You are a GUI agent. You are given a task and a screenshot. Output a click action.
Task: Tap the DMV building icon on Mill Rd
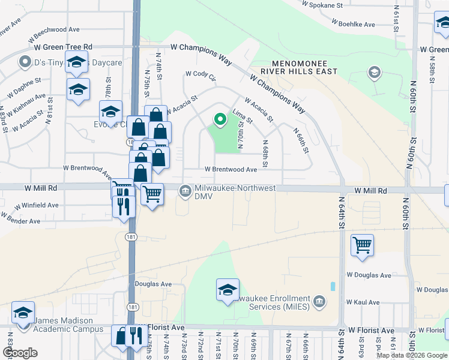[184, 191]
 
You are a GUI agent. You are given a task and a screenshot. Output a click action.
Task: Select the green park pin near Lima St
[220, 120]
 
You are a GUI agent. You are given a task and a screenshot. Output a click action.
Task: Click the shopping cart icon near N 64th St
[362, 245]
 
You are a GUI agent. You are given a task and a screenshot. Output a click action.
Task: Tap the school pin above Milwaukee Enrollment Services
[228, 290]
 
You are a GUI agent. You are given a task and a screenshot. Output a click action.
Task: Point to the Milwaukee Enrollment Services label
[273, 302]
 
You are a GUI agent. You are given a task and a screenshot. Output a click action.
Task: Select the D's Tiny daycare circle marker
[25, 62]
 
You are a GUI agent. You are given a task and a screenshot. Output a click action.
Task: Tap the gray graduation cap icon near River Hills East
[374, 73]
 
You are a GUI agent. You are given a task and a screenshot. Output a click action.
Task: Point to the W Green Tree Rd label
[63, 47]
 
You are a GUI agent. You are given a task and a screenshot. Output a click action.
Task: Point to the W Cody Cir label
[200, 74]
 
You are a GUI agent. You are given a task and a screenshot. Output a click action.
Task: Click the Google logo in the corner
[19, 353]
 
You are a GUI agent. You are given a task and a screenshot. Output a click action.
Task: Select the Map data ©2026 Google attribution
[412, 355]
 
